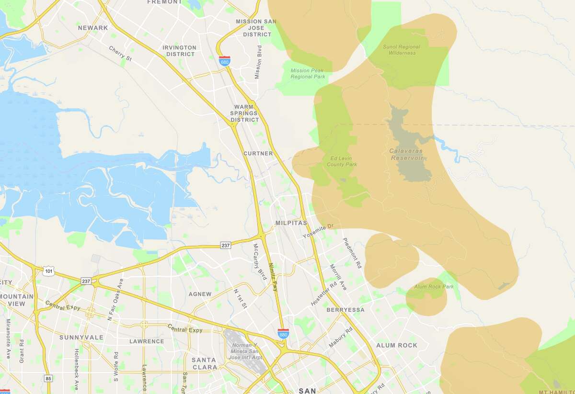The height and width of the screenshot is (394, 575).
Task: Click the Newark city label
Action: [x=93, y=28]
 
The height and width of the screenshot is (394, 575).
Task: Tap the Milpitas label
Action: [x=291, y=223]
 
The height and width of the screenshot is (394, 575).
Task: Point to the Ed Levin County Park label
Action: [x=342, y=161]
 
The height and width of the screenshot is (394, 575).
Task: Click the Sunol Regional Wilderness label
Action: [x=402, y=50]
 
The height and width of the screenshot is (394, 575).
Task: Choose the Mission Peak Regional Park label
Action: [x=308, y=74]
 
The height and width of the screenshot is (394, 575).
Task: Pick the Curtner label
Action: [x=258, y=154]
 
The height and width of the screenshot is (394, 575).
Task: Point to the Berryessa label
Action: [x=345, y=310]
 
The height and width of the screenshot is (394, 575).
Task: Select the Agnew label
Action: [x=200, y=294]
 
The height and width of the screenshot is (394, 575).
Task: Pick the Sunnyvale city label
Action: [x=81, y=338]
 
